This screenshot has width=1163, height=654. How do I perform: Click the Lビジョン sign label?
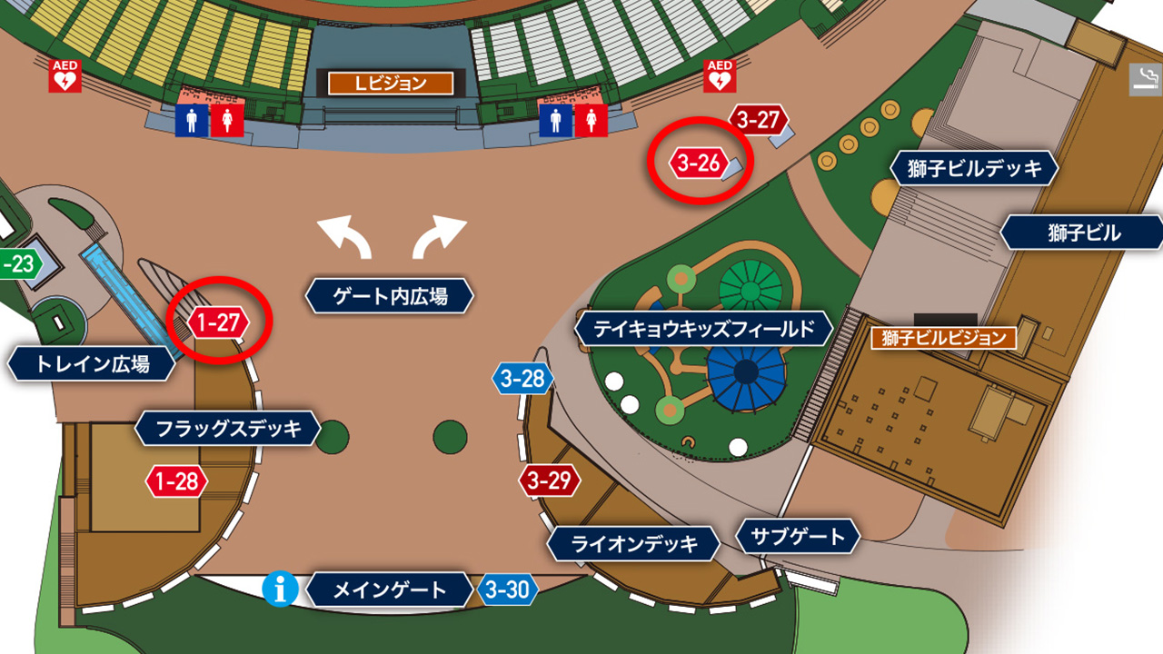(x=391, y=84)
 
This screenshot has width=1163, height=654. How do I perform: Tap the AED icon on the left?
(x=65, y=76)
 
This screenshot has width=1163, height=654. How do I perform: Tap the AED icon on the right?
(x=719, y=76)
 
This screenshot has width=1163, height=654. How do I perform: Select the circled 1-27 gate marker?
(x=219, y=322)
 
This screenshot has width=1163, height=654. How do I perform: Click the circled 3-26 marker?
(x=698, y=164)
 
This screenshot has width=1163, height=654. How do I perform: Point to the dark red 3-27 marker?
(x=758, y=120)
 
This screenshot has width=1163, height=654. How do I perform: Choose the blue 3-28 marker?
(x=522, y=379)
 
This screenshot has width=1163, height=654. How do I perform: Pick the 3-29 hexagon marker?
(x=549, y=481)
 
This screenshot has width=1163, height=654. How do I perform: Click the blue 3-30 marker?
(x=507, y=590)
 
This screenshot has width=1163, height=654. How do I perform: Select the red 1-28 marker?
(x=176, y=481)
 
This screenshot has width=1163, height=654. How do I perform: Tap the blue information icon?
(x=281, y=590)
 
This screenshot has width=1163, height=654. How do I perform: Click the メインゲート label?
(x=390, y=590)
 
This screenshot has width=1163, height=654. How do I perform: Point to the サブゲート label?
(x=797, y=537)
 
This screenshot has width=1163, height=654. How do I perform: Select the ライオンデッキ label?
(x=634, y=544)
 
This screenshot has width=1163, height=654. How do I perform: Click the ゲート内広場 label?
(x=390, y=296)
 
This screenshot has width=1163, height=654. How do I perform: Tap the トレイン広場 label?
(x=92, y=365)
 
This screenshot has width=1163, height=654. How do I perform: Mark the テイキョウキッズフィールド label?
(x=704, y=329)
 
